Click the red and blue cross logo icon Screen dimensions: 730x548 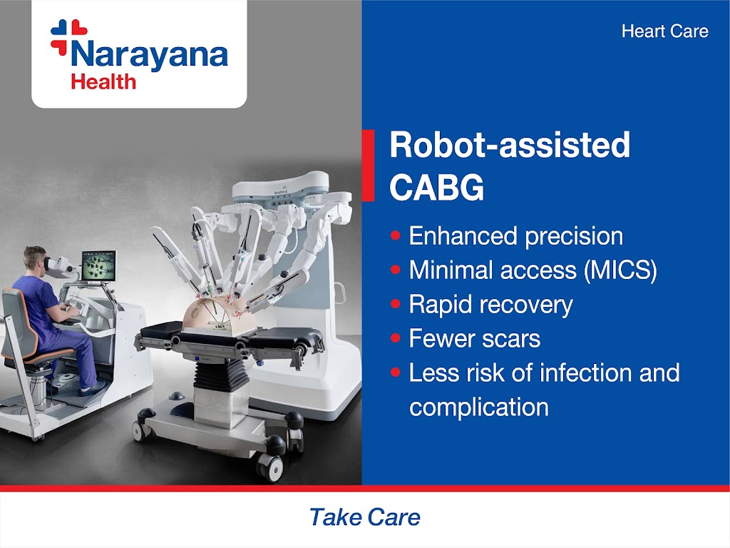pos(68,37)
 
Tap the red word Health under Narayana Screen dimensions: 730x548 pos(103,82)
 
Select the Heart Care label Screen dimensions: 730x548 pos(665,31)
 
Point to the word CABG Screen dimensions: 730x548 pos(437,188)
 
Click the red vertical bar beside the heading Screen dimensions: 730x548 pos(368,166)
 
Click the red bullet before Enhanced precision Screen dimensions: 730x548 pos(396,235)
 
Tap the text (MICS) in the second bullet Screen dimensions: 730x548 pos(621,270)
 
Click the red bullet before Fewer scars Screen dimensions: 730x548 pos(396,338)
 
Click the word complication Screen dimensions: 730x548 pos(479,407)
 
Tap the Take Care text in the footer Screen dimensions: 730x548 pos(365,517)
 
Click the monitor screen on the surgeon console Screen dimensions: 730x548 pos(98,266)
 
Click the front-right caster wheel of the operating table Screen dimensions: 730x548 pos(270,467)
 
